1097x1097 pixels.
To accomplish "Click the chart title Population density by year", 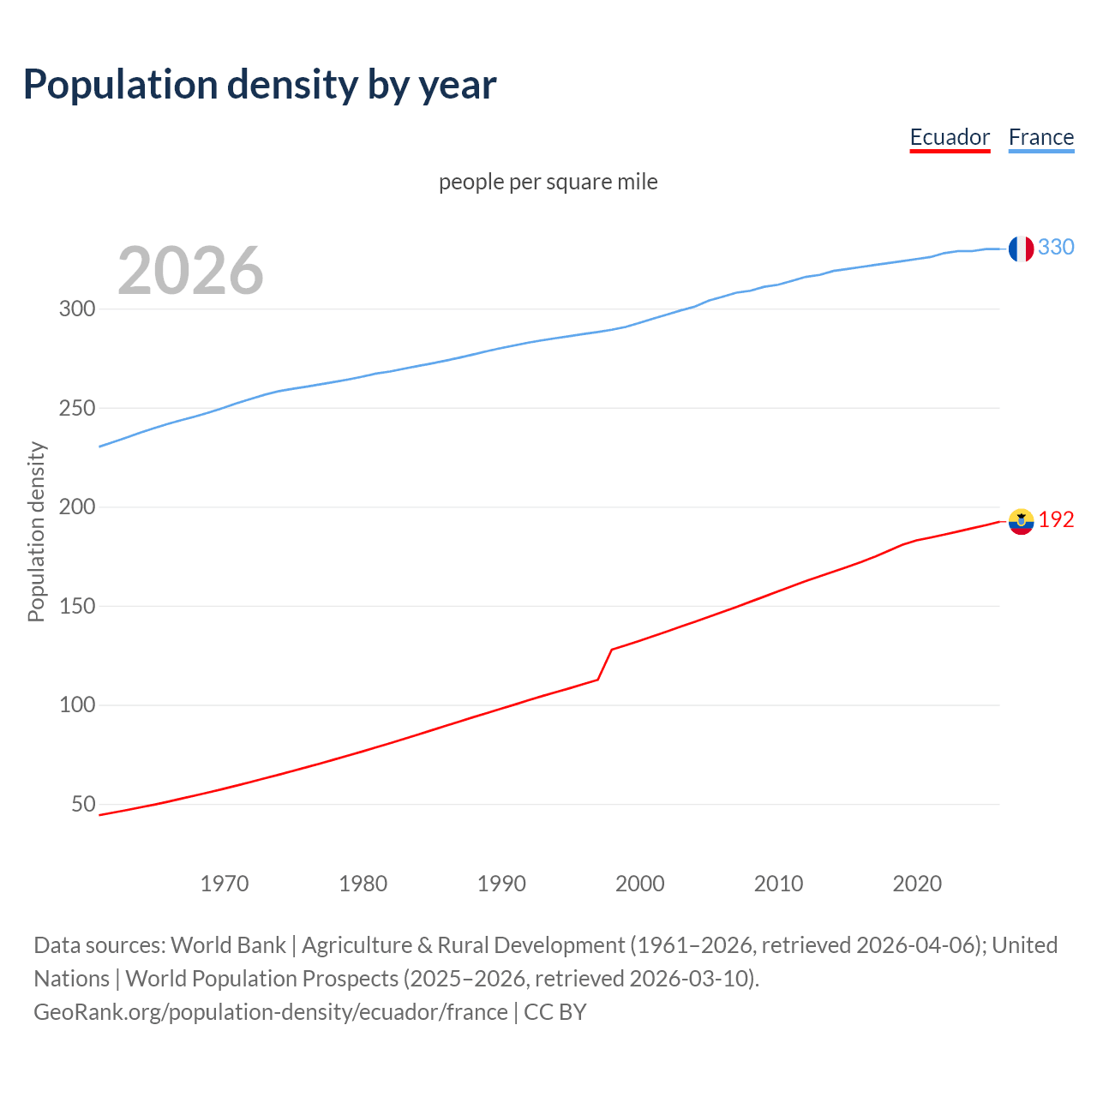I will click(260, 85).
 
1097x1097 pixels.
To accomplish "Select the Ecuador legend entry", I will click(950, 137).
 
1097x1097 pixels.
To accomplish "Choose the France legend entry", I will click(1041, 137).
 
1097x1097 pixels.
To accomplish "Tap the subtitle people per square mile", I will click(548, 182).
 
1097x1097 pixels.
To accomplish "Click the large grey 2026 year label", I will click(190, 271).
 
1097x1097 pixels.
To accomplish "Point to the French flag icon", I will click(1021, 249).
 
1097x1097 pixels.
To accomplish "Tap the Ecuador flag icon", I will click(1021, 521).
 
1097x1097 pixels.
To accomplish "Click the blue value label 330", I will click(1056, 248).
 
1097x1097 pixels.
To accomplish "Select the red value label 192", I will click(1056, 520).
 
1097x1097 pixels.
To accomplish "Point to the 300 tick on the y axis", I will click(77, 309).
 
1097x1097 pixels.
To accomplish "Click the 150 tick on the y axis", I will click(77, 606).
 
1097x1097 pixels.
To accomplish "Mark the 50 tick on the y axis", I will click(83, 804).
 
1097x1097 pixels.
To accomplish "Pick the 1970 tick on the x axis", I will click(225, 884).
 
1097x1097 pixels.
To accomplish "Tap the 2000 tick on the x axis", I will click(640, 884).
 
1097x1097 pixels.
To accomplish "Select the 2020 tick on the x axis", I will click(917, 884).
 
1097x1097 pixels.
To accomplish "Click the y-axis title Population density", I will click(36, 531).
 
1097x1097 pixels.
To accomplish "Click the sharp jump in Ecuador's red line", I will click(605, 664).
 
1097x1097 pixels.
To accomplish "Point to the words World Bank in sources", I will click(228, 945).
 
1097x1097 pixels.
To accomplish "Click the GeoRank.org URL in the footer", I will click(271, 1012).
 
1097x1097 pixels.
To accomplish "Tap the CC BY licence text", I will click(555, 1012).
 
